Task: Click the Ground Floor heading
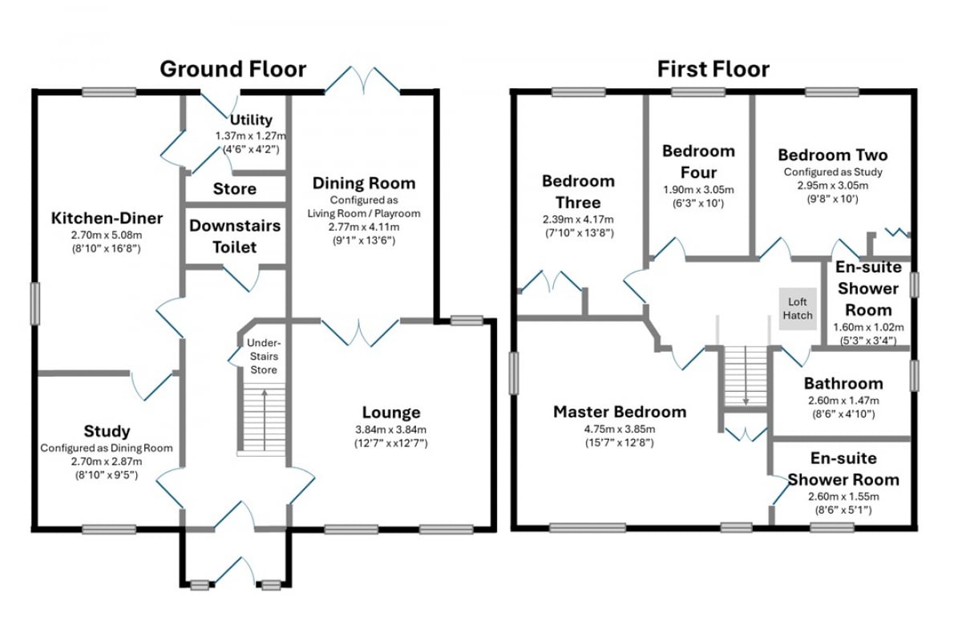pos(232,69)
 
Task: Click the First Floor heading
pos(713,69)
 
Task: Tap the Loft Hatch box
pos(798,308)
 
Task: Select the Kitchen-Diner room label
pos(107,218)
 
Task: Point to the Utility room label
pos(251,119)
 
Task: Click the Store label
pos(234,189)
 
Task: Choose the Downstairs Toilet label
pos(235,236)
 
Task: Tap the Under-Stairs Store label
pos(264,357)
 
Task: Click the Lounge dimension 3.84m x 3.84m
pos(391,429)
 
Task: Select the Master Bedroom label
pos(620,412)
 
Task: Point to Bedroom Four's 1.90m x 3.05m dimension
pos(699,190)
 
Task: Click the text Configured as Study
pos(833,172)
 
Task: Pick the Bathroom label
pos(843,383)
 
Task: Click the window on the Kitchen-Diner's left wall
pos(35,303)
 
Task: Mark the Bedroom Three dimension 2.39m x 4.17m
pos(578,220)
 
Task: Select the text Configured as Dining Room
pos(107,448)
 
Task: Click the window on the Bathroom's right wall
pos(915,376)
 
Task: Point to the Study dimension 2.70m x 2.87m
pos(107,462)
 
